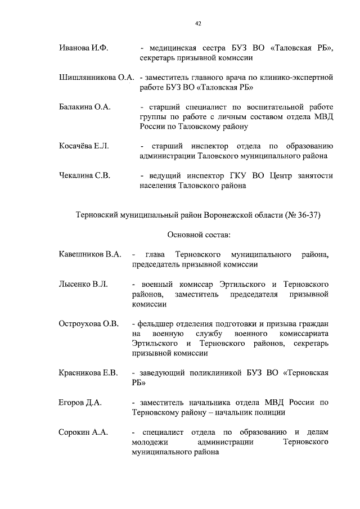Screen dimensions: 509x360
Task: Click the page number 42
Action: (x=198, y=23)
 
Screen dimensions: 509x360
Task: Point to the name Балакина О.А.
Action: (x=84, y=106)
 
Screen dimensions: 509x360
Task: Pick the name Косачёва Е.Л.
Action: (x=84, y=146)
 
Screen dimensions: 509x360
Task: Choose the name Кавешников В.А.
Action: (x=90, y=254)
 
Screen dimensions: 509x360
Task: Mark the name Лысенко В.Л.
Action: (x=83, y=284)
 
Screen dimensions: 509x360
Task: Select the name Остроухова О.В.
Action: (x=88, y=323)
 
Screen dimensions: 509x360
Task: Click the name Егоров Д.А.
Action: (x=79, y=402)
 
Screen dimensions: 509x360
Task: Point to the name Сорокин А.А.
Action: (x=83, y=431)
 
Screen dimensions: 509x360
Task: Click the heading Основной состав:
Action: (x=199, y=235)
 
